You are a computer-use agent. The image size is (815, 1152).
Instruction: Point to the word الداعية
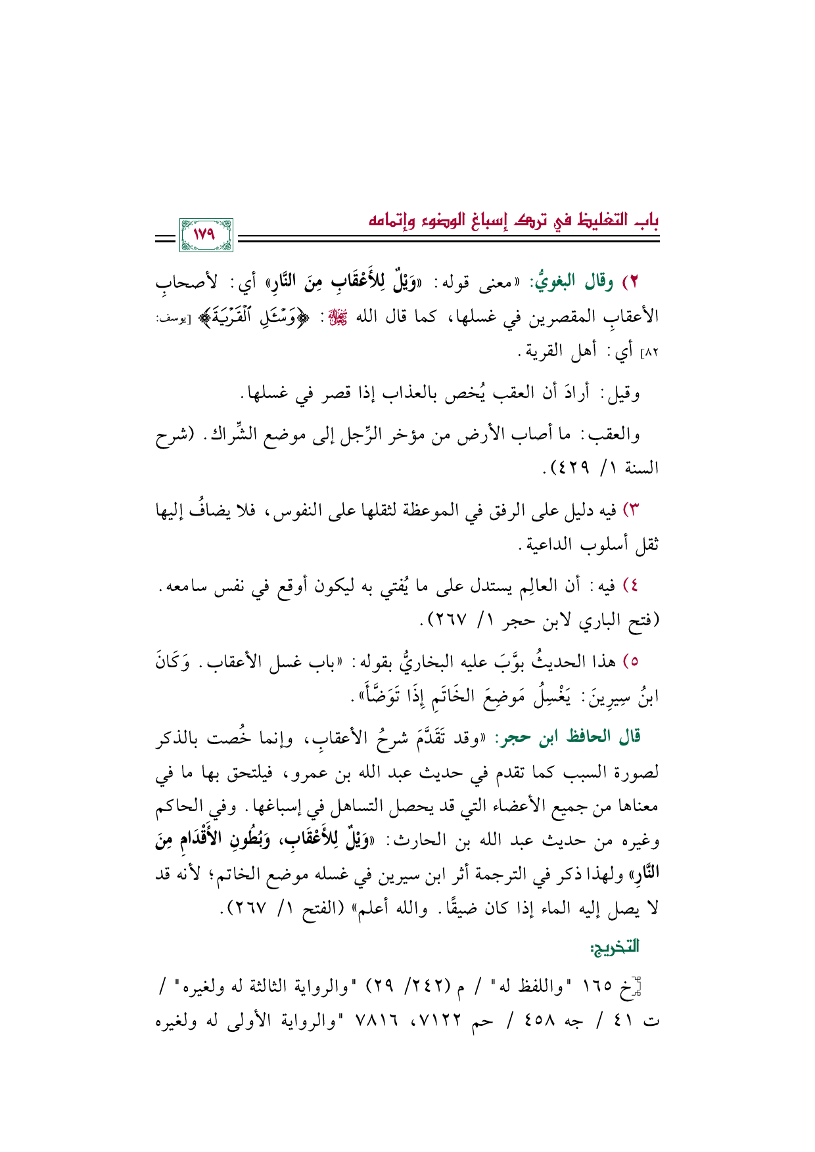click(550, 544)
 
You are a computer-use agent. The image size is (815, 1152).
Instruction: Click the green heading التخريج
click(615, 946)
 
